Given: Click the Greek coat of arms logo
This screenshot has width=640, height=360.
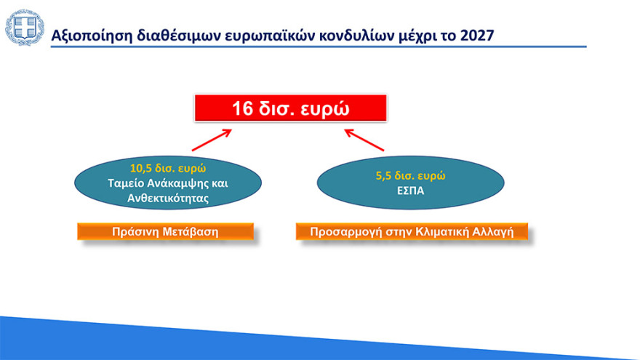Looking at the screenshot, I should pyautogui.click(x=25, y=28).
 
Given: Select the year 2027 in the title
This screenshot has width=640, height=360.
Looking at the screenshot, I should pyautogui.click(x=479, y=35).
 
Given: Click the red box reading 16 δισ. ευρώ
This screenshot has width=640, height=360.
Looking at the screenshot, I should pyautogui.click(x=290, y=108).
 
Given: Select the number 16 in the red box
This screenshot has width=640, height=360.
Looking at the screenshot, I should pyautogui.click(x=242, y=108).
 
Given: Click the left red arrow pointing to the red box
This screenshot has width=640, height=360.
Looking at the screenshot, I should pyautogui.click(x=212, y=140).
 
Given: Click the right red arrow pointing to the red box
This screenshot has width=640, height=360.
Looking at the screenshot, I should pyautogui.click(x=365, y=140).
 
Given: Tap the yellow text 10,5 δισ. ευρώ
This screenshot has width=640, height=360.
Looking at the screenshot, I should pyautogui.click(x=168, y=167).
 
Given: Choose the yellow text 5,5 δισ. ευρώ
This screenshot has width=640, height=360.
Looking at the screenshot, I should pyautogui.click(x=410, y=176).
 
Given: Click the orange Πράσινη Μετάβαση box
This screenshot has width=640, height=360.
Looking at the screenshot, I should pyautogui.click(x=165, y=232).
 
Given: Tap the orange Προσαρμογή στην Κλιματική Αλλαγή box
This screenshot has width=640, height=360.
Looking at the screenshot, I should pyautogui.click(x=412, y=232).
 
